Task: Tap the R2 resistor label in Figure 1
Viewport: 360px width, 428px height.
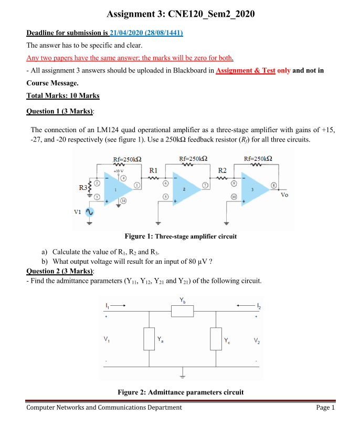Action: (x=223, y=170)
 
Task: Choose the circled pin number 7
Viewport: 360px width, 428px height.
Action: (x=206, y=186)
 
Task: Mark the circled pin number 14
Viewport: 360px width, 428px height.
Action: (x=124, y=201)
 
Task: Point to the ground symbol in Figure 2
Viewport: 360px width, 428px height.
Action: (x=183, y=374)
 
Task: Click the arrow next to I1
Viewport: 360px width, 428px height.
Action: (x=119, y=305)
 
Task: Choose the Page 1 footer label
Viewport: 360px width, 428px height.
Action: (x=325, y=408)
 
